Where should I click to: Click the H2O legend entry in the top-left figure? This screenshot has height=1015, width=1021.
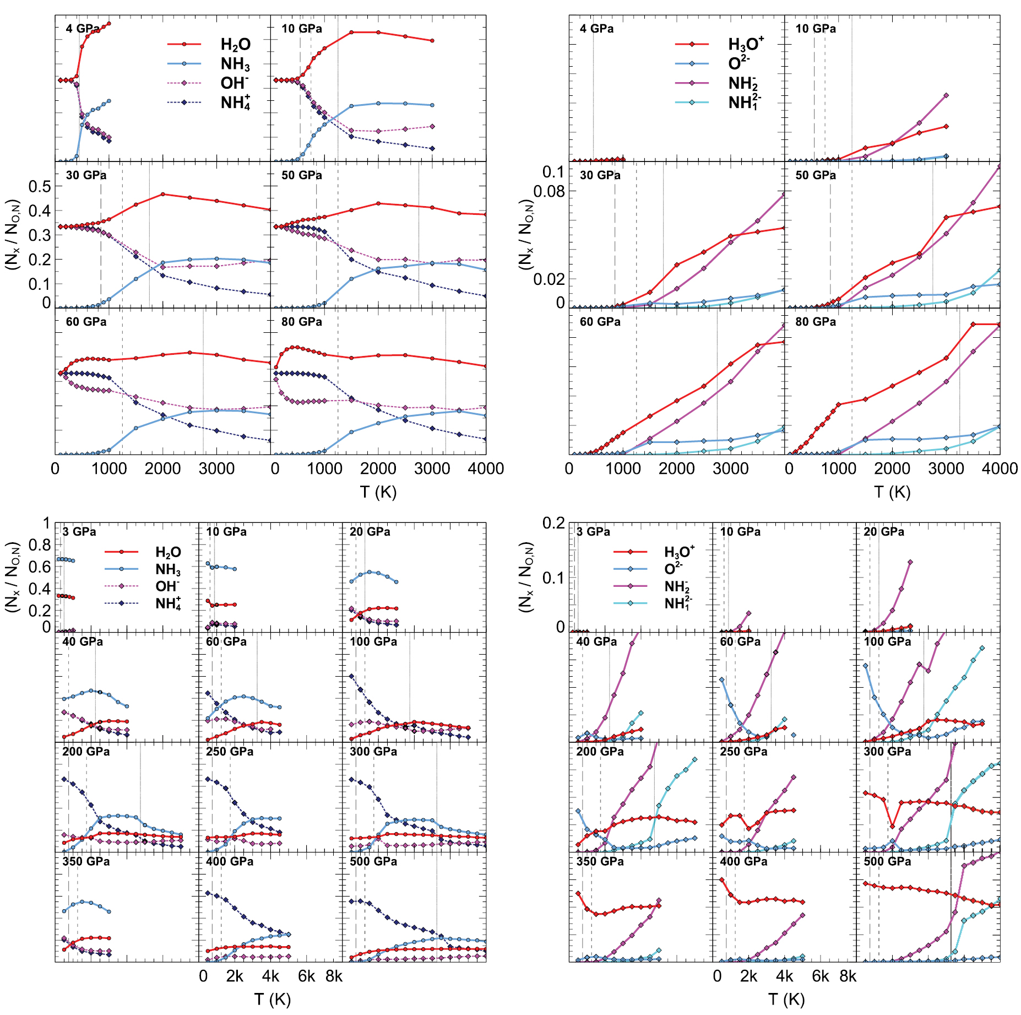[235, 44]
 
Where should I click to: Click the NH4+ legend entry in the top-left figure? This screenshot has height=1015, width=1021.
[235, 102]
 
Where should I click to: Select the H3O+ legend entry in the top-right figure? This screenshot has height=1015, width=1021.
[746, 44]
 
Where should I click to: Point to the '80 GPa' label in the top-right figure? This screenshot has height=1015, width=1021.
[815, 322]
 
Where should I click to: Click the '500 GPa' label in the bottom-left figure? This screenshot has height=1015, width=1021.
[373, 861]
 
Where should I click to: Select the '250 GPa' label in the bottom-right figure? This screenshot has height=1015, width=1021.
[743, 752]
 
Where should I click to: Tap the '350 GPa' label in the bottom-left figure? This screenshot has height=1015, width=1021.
[86, 861]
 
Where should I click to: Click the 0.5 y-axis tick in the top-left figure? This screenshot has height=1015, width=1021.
[40, 186]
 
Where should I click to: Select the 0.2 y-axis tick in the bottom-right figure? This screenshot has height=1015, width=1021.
[553, 523]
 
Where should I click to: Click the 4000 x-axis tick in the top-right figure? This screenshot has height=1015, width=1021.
[1000, 469]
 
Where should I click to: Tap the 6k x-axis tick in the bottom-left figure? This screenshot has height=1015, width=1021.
[306, 976]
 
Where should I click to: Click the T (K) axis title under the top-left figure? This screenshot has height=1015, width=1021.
[378, 492]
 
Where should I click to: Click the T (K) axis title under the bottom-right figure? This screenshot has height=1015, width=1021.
[786, 1000]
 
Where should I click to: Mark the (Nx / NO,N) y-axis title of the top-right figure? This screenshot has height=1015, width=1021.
[526, 234]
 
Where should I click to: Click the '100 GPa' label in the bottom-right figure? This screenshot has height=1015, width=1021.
[887, 642]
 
